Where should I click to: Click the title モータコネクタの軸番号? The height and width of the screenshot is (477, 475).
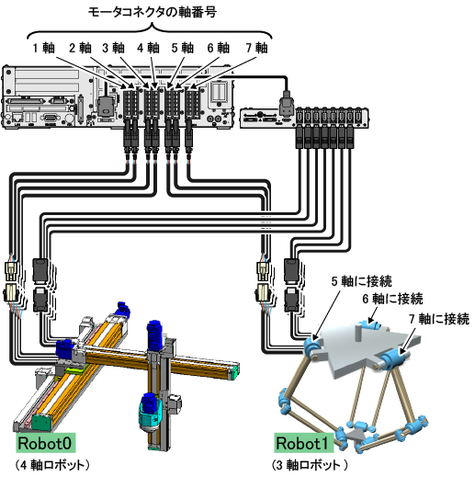(x=153, y=13)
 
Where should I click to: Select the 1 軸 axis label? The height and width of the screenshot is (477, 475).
(x=44, y=48)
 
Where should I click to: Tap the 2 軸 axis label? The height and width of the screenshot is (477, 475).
(x=80, y=48)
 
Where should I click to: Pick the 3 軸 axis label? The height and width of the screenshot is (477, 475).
(x=113, y=48)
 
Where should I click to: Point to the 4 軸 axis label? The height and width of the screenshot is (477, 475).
(x=148, y=48)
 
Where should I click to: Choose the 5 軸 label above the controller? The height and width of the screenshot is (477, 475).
(x=183, y=48)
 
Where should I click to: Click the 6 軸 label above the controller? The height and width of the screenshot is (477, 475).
(x=219, y=48)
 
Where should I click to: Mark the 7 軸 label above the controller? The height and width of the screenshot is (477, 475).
(x=256, y=48)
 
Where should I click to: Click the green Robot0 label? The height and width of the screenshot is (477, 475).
(x=46, y=443)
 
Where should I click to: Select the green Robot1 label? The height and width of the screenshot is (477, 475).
(x=304, y=443)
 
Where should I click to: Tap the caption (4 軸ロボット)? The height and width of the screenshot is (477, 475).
(x=52, y=465)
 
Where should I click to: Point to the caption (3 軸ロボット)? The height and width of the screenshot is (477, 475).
(x=310, y=465)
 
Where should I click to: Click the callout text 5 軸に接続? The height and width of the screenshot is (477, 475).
(x=362, y=281)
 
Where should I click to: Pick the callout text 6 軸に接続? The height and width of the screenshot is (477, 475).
(x=393, y=299)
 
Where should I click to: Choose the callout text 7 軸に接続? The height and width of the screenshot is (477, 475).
(x=439, y=319)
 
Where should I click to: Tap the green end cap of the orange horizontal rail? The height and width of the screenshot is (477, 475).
(x=234, y=373)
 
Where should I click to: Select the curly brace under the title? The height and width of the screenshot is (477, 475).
(x=150, y=31)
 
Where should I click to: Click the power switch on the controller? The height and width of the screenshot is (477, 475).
(x=220, y=91)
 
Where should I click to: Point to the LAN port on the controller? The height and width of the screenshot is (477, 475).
(x=17, y=118)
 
